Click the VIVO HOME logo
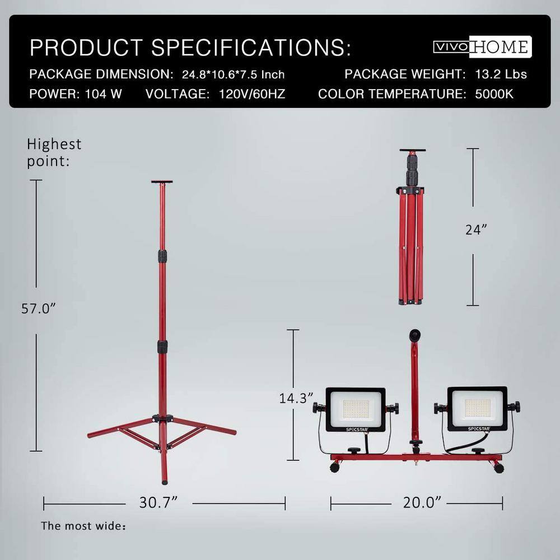click(x=483, y=47)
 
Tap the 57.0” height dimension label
click(x=39, y=309)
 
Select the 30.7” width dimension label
click(x=158, y=502)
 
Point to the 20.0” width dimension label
click(x=422, y=502)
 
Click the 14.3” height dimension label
click(x=296, y=398)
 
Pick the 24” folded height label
click(x=476, y=230)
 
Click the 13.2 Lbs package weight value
click(x=501, y=74)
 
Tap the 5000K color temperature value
click(x=494, y=94)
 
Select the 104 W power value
click(x=103, y=94)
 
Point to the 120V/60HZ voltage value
click(x=252, y=94)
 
